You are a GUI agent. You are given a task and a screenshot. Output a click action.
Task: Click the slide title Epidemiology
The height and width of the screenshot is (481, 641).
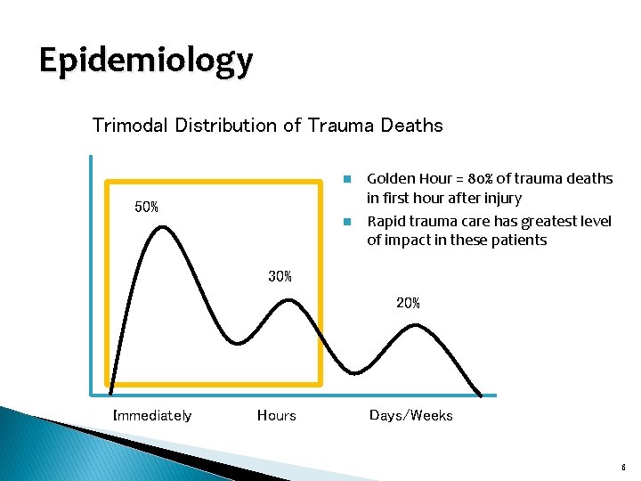pyautogui.click(x=146, y=61)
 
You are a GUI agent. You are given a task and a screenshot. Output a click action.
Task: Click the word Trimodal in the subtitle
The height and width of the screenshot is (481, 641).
pyautogui.click(x=132, y=126)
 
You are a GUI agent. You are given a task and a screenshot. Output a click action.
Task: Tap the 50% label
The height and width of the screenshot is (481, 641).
pyautogui.click(x=146, y=208)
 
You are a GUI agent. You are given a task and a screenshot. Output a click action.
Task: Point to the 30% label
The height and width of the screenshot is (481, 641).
pyautogui.click(x=280, y=277)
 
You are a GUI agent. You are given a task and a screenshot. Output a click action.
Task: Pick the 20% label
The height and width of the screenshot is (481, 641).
pyautogui.click(x=408, y=304)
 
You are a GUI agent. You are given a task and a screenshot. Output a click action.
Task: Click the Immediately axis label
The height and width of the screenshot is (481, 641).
pyautogui.click(x=152, y=415)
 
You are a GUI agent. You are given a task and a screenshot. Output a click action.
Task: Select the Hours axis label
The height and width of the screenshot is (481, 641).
pyautogui.click(x=276, y=415)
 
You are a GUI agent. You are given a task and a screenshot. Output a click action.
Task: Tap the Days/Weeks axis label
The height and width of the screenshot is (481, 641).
pyautogui.click(x=410, y=415)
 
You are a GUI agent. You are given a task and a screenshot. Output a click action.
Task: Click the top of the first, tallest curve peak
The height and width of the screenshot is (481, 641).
pyautogui.click(x=161, y=227)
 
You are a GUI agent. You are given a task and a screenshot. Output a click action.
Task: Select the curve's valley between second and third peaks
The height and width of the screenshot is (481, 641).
pyautogui.click(x=356, y=371)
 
